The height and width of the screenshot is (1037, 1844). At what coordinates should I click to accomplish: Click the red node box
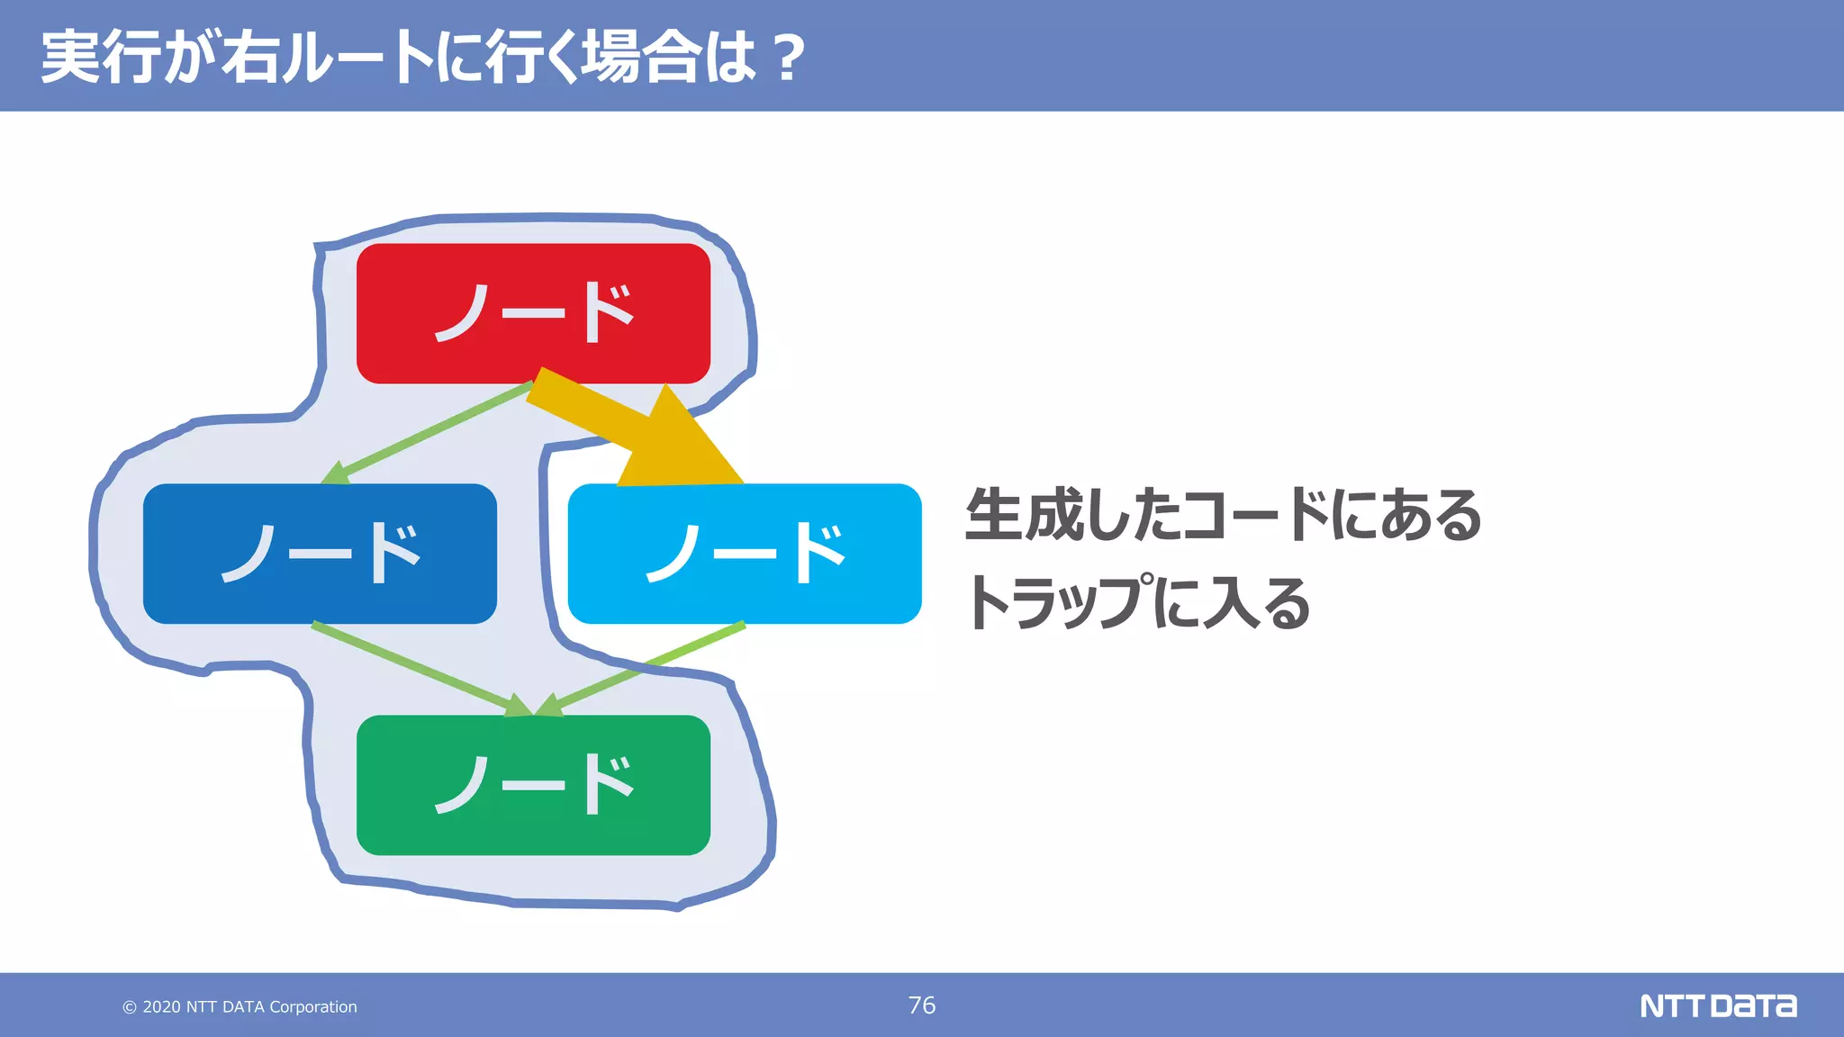click(x=533, y=313)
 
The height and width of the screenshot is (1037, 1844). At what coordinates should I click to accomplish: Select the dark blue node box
click(x=320, y=554)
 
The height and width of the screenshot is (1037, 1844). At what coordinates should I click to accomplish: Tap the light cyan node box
click(x=745, y=554)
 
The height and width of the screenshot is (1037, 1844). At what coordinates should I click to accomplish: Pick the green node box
click(x=533, y=785)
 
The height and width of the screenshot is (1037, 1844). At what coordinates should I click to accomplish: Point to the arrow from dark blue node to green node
click(x=414, y=667)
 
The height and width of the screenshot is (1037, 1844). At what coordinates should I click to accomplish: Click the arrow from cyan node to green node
click(x=648, y=667)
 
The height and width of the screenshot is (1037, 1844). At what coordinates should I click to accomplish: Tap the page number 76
click(x=921, y=1005)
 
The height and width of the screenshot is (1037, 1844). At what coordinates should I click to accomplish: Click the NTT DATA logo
click(x=1717, y=1005)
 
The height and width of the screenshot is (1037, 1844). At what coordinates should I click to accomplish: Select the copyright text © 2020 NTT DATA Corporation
click(x=240, y=1006)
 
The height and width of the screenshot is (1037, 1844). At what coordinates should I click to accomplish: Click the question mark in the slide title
click(x=789, y=58)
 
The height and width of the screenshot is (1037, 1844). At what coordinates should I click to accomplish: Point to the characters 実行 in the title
click(x=101, y=58)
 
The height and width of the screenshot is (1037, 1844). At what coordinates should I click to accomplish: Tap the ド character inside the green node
click(x=608, y=785)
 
